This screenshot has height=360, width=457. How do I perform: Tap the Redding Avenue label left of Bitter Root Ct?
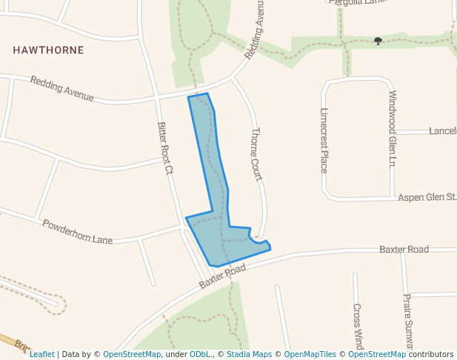click(62, 89)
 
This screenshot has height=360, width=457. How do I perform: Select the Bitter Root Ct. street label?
click(164, 148)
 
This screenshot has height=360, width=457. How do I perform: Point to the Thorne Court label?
click(258, 154)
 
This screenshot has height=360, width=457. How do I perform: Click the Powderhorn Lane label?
click(77, 232)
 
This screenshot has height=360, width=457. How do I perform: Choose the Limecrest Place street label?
click(324, 140)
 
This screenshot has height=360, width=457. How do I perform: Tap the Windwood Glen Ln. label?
click(393, 129)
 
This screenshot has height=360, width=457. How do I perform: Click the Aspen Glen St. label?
click(427, 197)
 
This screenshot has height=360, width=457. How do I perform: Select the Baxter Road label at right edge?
click(404, 250)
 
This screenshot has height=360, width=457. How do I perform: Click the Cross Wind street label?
click(357, 326)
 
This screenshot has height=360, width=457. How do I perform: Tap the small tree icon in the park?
click(378, 41)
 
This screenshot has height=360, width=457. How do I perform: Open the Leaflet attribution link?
click(42, 354)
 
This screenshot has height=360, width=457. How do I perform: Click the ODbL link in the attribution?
click(200, 354)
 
